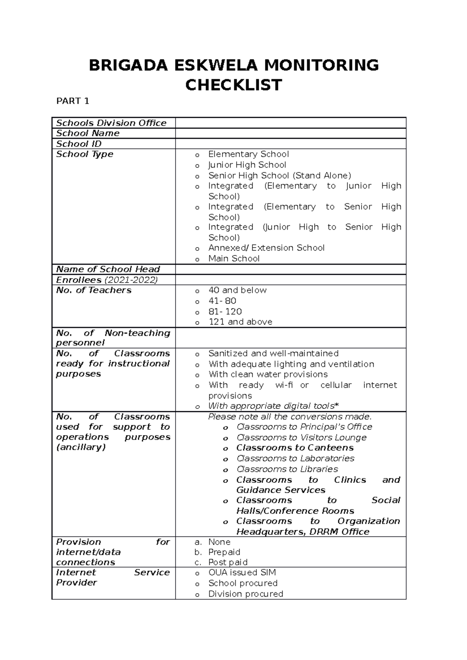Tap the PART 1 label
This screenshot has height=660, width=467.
(x=73, y=101)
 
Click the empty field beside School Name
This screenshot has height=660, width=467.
(x=290, y=133)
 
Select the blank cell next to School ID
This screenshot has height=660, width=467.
(x=290, y=144)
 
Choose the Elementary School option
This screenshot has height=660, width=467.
(x=248, y=154)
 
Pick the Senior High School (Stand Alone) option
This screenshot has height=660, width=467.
(x=279, y=175)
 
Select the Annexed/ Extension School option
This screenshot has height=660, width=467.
(x=266, y=248)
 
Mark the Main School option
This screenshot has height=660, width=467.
(x=233, y=258)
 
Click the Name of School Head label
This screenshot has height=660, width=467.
(x=108, y=269)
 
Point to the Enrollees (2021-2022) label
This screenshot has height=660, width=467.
(x=107, y=280)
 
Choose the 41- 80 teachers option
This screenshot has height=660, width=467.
(x=222, y=301)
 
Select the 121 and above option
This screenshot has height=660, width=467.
(x=240, y=322)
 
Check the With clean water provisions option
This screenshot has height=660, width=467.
(x=268, y=374)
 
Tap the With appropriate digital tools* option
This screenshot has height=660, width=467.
(x=273, y=406)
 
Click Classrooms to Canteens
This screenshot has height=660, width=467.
(x=295, y=448)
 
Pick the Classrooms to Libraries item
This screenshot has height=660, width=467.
(x=287, y=469)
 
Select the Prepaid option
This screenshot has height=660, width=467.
(x=224, y=552)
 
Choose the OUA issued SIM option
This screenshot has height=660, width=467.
(x=242, y=573)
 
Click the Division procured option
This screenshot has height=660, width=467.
(x=246, y=594)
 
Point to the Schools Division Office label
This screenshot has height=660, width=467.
(x=111, y=123)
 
